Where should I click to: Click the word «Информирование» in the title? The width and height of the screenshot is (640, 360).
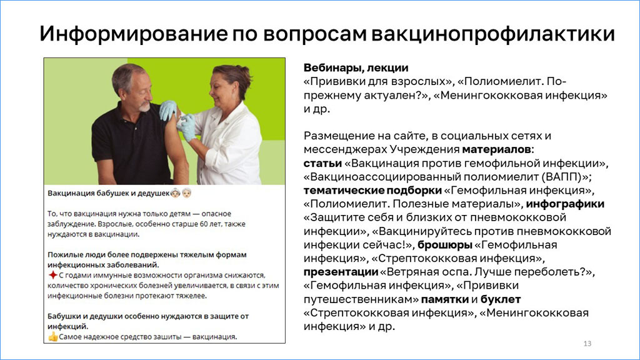pyautogui.click(x=134, y=34)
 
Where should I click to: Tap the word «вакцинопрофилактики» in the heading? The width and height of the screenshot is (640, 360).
pyautogui.click(x=492, y=34)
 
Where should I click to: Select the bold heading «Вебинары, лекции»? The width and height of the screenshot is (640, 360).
pyautogui.click(x=356, y=67)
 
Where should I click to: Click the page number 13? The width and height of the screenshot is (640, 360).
pyautogui.click(x=587, y=344)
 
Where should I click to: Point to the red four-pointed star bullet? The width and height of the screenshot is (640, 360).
pyautogui.click(x=52, y=275)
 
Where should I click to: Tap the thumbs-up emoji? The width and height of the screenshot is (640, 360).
pyautogui.click(x=53, y=337)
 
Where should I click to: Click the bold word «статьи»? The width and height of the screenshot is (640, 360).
pyautogui.click(x=322, y=163)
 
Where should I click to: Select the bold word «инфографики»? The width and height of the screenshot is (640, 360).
pyautogui.click(x=565, y=204)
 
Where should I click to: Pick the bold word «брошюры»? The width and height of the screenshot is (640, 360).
pyautogui.click(x=445, y=245)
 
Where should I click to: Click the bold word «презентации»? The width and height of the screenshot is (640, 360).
pyautogui.click(x=341, y=272)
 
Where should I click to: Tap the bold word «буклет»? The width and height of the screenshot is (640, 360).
pyautogui.click(x=501, y=299)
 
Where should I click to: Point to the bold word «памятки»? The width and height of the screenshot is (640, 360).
pyautogui.click(x=444, y=299)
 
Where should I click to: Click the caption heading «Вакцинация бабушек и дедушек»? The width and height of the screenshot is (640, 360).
pyautogui.click(x=108, y=193)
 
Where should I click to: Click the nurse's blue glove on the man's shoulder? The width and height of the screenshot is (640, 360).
pyautogui.click(x=167, y=110)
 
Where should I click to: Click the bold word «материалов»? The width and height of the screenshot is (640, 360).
pyautogui.click(x=496, y=149)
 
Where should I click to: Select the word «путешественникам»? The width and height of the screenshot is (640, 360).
pyautogui.click(x=361, y=299)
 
